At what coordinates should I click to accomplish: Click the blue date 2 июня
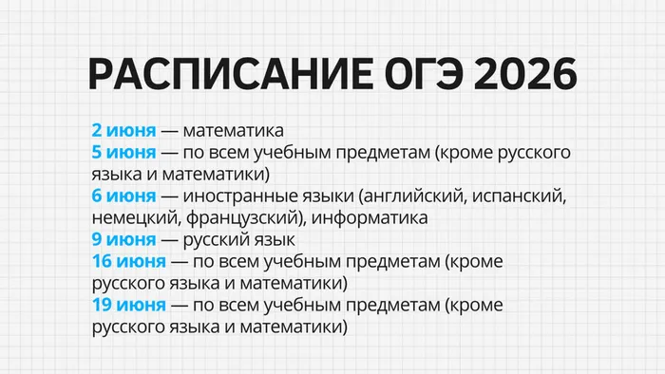point(123,130)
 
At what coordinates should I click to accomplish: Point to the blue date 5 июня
point(123,152)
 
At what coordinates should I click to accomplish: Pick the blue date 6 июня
point(123,196)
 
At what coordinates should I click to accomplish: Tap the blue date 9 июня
point(123,239)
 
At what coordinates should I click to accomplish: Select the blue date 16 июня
point(128,261)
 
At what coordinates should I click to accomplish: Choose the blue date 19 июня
point(128,305)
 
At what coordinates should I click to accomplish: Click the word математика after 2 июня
point(234,130)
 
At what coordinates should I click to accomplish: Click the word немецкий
point(130,217)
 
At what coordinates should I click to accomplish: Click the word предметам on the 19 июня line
point(386,305)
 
